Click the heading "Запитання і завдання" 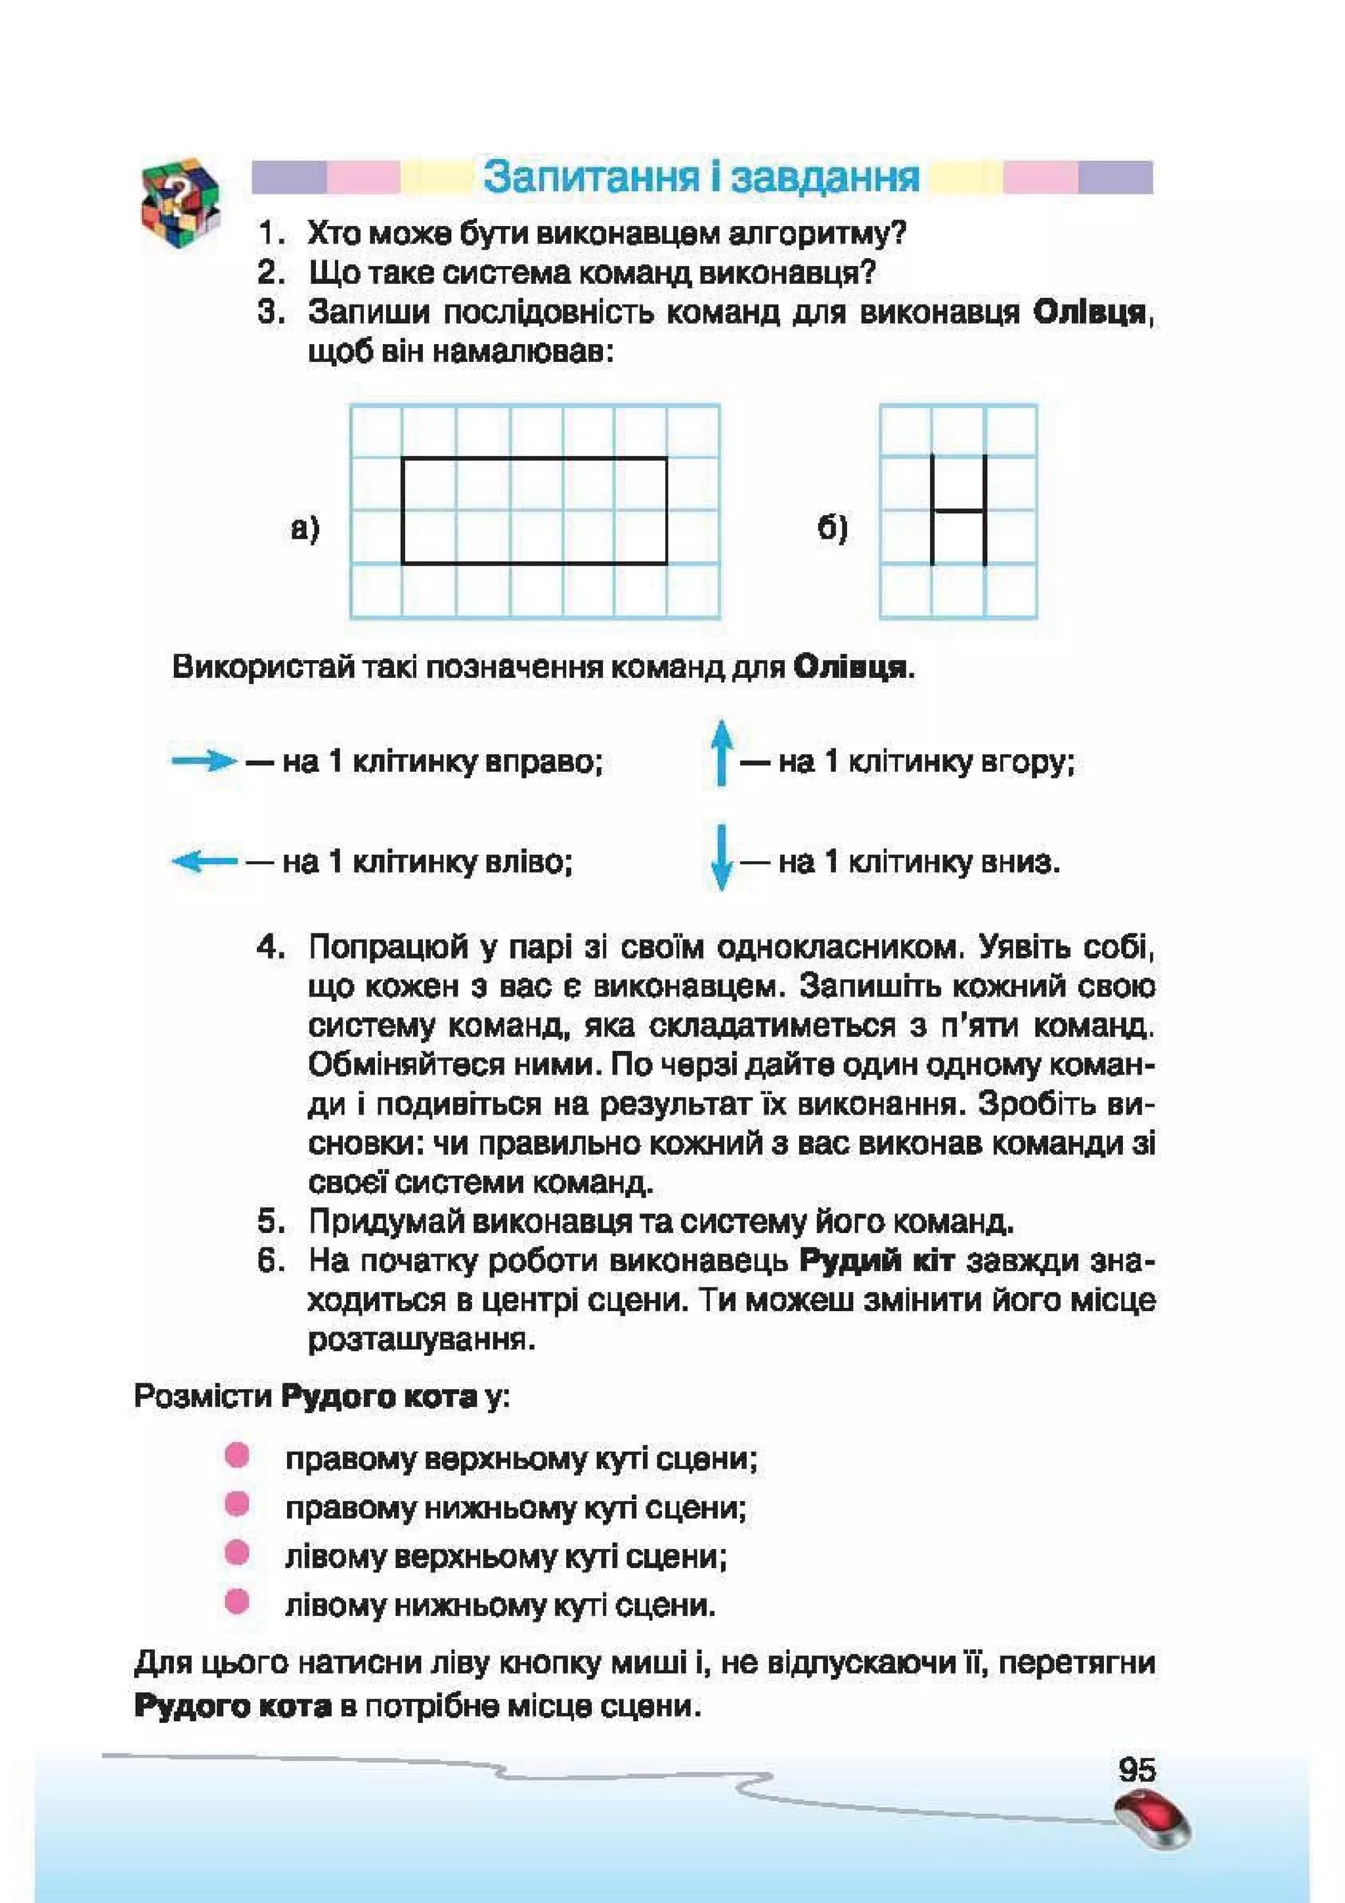click(701, 177)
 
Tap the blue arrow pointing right click(203, 761)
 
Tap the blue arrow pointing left click(203, 862)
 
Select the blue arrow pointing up click(721, 751)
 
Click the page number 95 click(1136, 1770)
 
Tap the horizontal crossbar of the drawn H click(959, 510)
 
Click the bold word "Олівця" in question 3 click(1090, 313)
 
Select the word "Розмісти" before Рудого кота click(203, 1396)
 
